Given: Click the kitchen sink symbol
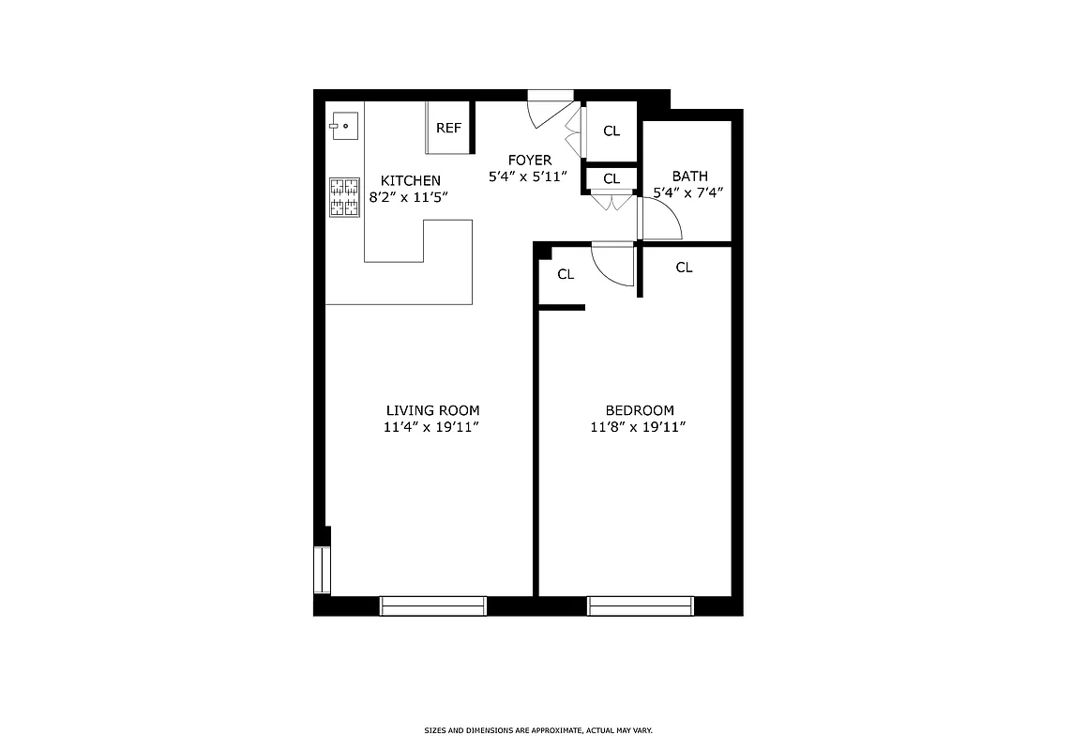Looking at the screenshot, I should [344, 124].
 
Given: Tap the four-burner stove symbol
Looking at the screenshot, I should [344, 197].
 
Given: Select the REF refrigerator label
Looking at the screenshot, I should [448, 128].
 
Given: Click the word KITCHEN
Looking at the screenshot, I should [410, 180].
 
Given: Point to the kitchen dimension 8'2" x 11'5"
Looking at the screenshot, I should [410, 197].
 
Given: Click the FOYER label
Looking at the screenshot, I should [530, 160].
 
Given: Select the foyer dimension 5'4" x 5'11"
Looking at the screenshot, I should [530, 176].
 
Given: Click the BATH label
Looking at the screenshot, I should [689, 176].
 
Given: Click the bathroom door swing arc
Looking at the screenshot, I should [662, 220].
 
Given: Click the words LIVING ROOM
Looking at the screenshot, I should [432, 410].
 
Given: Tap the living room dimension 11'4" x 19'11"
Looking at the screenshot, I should [432, 427].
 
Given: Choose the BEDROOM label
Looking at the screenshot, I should [639, 410].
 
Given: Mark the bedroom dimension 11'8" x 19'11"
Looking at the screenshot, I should [639, 427].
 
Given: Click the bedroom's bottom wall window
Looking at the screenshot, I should [640, 605].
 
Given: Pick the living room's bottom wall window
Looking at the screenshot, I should [432, 605].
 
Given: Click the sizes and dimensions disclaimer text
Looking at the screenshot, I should [538, 729].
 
